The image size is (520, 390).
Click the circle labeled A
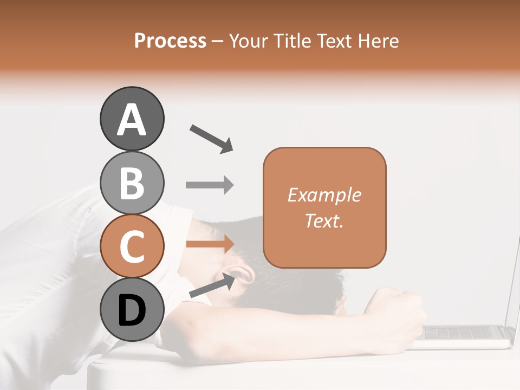[132, 119]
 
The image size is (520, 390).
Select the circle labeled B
[132, 183]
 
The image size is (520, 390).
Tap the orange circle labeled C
[132, 246]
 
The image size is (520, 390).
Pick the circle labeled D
[132, 310]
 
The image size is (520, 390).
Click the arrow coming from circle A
[211, 138]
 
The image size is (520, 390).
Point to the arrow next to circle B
[210, 185]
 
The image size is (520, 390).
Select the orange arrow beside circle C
[210, 244]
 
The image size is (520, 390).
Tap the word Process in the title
[170, 41]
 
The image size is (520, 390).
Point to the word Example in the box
[324, 195]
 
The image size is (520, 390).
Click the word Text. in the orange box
[324, 220]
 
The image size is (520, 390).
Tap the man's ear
[244, 273]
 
